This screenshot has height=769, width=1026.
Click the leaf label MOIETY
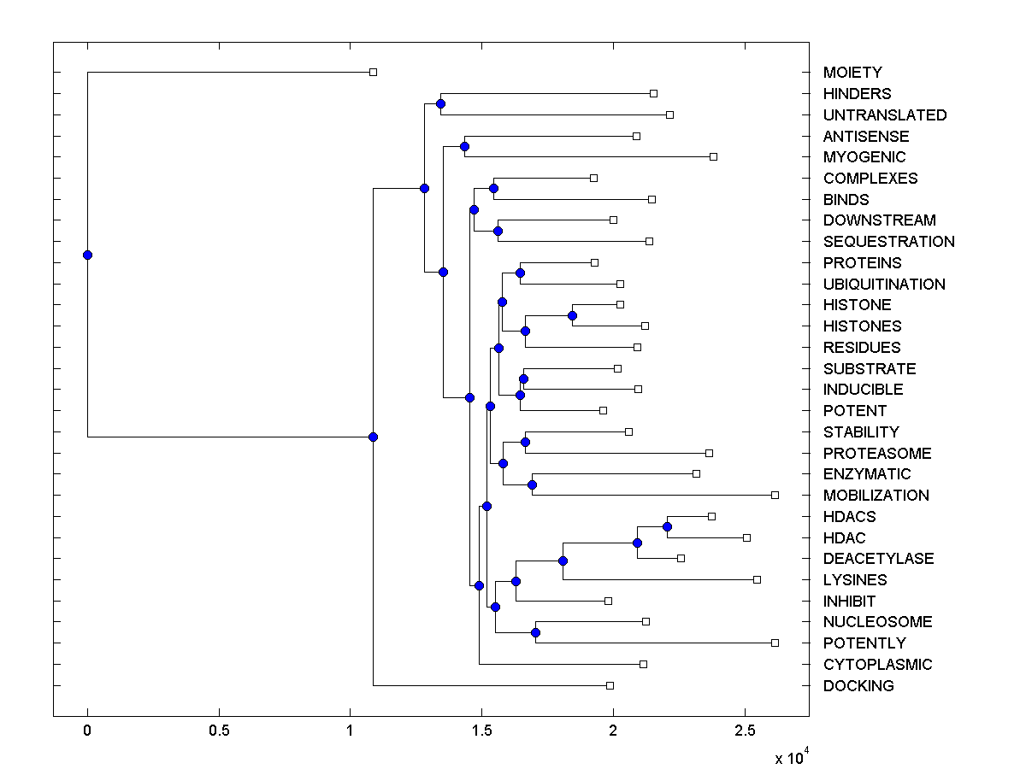pyautogui.click(x=852, y=73)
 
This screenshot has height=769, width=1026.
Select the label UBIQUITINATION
pyautogui.click(x=884, y=284)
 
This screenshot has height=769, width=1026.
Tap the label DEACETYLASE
pyautogui.click(x=878, y=559)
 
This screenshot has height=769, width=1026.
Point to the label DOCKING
pyautogui.click(x=858, y=685)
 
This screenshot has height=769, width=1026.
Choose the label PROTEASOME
pyautogui.click(x=877, y=453)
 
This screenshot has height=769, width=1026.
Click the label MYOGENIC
pyautogui.click(x=864, y=157)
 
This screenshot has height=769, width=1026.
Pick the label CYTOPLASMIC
pyautogui.click(x=877, y=664)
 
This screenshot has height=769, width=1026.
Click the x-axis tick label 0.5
pyautogui.click(x=219, y=732)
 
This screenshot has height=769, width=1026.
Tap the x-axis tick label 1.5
pyautogui.click(x=482, y=732)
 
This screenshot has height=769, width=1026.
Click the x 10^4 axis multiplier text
pyautogui.click(x=791, y=757)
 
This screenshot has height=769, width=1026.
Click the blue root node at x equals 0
pyautogui.click(x=87, y=255)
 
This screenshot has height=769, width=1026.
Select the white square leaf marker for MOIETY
pyautogui.click(x=373, y=73)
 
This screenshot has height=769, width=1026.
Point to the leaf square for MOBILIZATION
pyautogui.click(x=775, y=495)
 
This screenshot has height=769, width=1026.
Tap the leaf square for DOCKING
pyautogui.click(x=610, y=685)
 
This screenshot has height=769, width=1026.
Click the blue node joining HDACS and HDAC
pyautogui.click(x=667, y=526)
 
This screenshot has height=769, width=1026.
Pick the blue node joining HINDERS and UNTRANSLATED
pyautogui.click(x=440, y=104)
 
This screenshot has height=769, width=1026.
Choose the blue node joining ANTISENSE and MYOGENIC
pyautogui.click(x=464, y=146)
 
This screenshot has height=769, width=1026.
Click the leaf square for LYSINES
pyautogui.click(x=757, y=579)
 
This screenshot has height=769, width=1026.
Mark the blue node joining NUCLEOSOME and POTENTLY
pyautogui.click(x=535, y=632)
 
